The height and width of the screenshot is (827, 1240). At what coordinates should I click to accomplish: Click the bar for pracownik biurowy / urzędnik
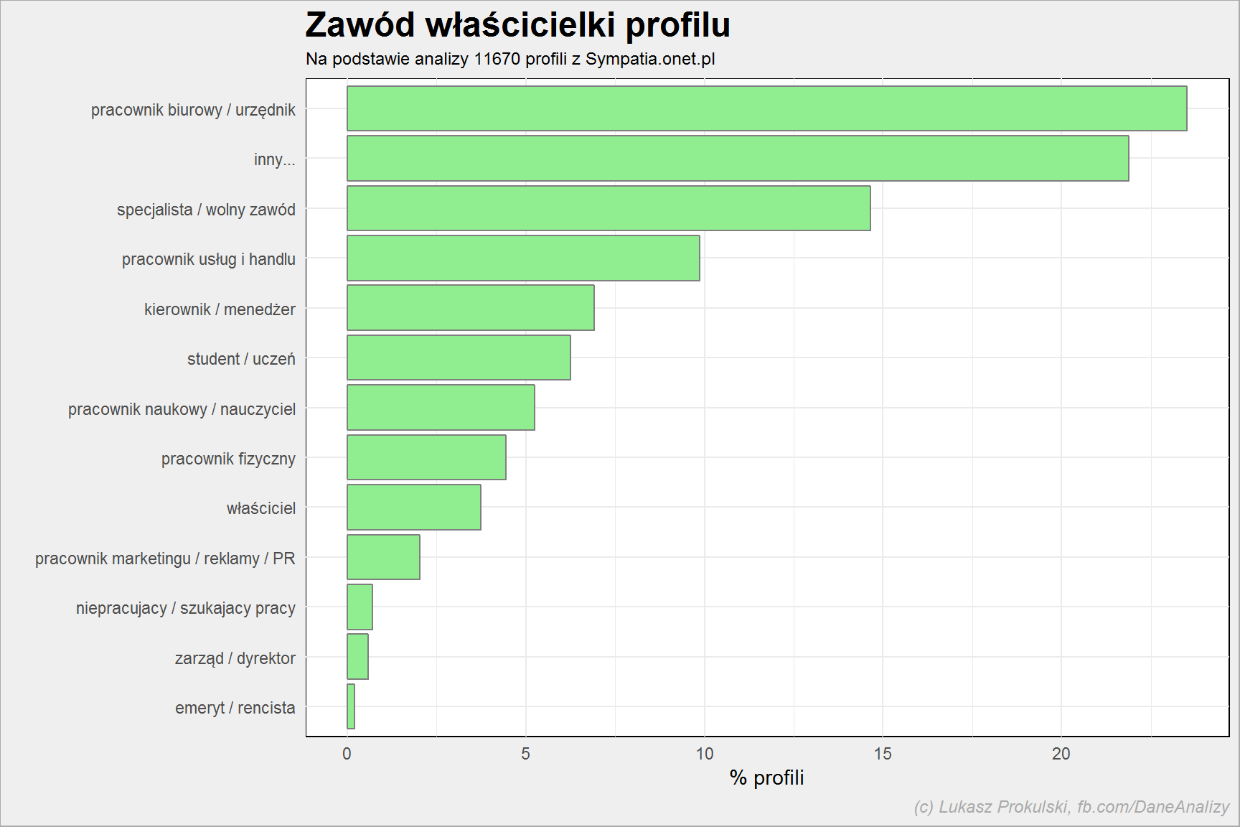coord(766,108)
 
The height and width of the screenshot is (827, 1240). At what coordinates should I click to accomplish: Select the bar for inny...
coord(738,158)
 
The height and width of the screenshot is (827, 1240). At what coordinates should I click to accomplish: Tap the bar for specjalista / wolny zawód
coord(609,208)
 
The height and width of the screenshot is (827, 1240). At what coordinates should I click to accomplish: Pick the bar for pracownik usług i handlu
coord(523,258)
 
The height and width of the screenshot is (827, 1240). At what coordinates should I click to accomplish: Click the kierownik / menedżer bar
coord(471,308)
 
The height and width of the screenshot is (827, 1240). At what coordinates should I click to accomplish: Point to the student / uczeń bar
coord(459,358)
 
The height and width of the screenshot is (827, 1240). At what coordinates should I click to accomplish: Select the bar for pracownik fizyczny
coord(426,457)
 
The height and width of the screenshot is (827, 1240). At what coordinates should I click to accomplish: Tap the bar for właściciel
coord(414,507)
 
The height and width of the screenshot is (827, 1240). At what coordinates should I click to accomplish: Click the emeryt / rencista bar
coord(351,706)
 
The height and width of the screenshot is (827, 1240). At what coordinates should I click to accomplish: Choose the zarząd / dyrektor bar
coord(357,656)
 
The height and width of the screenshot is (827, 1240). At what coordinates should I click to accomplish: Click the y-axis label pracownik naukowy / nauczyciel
coord(182,409)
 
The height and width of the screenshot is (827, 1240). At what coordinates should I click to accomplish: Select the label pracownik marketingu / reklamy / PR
coord(165,559)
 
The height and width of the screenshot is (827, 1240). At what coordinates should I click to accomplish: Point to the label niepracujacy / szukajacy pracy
coord(186,608)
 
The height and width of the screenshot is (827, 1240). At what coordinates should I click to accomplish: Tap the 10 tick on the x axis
coord(705,754)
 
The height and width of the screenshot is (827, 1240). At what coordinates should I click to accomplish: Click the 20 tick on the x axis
coord(1061,754)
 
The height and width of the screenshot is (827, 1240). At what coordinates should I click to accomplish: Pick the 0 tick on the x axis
coord(347,754)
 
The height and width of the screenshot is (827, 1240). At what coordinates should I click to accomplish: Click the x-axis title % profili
coord(766,777)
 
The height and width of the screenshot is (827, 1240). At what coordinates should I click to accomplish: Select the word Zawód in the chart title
coord(360,25)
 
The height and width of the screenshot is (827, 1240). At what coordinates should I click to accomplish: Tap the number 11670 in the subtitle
coord(497,59)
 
